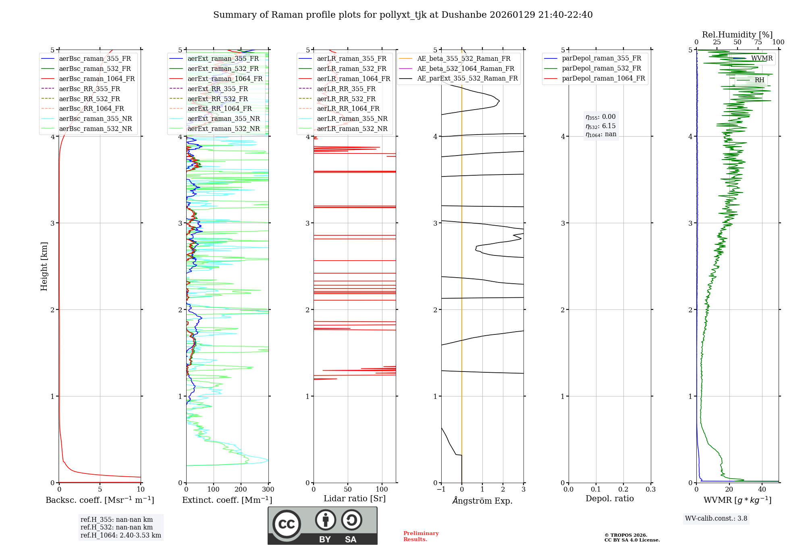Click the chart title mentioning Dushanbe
tap(403, 15)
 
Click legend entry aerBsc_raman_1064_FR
tap(97, 79)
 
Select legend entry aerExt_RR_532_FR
tap(218, 99)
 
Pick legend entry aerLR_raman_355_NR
tap(352, 118)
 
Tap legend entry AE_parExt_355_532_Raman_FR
tap(467, 78)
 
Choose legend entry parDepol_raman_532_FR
tap(601, 68)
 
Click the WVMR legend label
tap(762, 58)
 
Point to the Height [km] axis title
tap(44, 266)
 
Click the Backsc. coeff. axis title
tap(100, 500)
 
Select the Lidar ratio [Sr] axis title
tap(354, 498)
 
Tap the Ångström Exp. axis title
tap(482, 501)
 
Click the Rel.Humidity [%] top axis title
tap(737, 35)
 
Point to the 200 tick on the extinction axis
tap(241, 490)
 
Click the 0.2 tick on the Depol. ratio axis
tap(623, 490)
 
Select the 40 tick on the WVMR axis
tap(762, 490)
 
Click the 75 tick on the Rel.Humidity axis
tap(758, 42)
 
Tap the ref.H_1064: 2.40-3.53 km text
tap(120, 535)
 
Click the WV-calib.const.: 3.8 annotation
tap(716, 518)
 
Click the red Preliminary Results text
tap(421, 536)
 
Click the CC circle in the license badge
tap(287, 524)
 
